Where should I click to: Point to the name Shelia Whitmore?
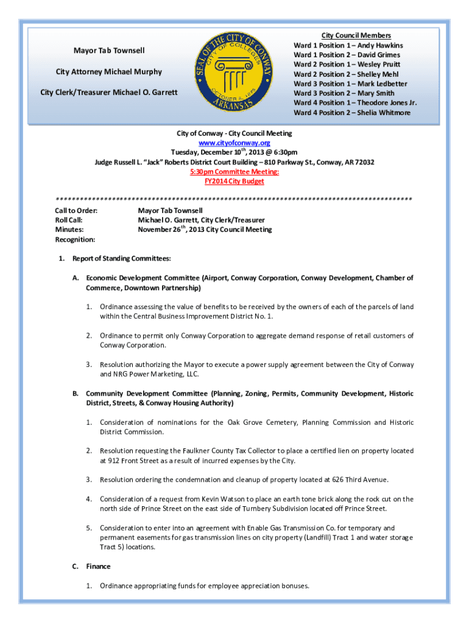(384, 113)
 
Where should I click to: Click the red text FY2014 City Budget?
(234, 181)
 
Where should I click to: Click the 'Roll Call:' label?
(69, 220)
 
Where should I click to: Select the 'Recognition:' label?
(75, 239)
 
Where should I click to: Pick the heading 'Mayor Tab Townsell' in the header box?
(109, 50)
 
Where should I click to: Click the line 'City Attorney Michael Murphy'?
(109, 72)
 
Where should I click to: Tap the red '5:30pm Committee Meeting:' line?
(234, 172)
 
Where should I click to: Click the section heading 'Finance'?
(98, 566)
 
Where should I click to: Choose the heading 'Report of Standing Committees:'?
(121, 259)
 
